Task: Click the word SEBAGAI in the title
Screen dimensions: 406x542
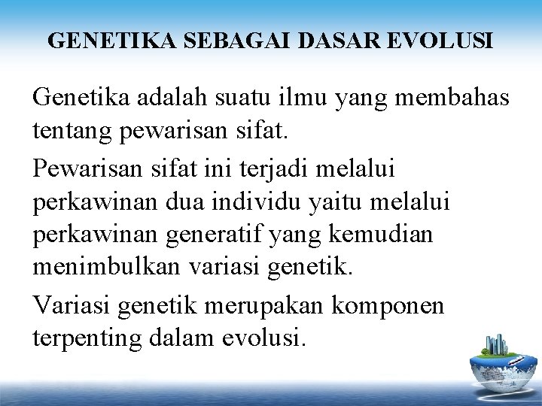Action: pos(221,41)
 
